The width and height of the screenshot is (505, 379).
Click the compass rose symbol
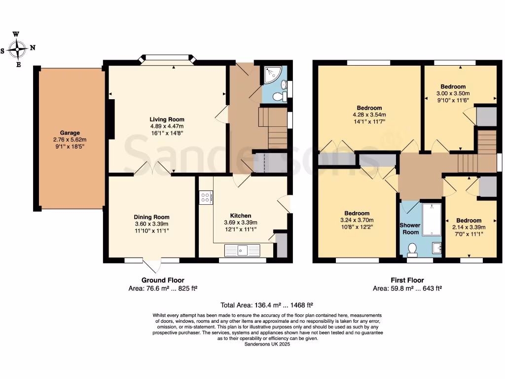(19, 49)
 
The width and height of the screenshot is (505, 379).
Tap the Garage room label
(70, 133)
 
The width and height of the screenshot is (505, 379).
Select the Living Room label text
(167, 119)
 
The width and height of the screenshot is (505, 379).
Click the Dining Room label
(151, 217)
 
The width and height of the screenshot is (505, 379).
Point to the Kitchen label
(241, 216)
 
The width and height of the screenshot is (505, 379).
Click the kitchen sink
(242, 251)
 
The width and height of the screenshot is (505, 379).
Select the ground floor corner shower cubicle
(271, 75)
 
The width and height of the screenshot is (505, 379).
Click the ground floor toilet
(280, 95)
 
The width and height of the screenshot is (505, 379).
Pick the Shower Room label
(409, 228)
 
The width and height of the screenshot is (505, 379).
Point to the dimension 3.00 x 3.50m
(453, 93)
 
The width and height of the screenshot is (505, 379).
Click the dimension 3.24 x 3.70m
(357, 220)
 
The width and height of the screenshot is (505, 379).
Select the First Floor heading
(407, 280)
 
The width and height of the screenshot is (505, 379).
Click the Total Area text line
(267, 305)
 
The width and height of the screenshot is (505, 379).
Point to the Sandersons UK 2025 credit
(267, 344)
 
